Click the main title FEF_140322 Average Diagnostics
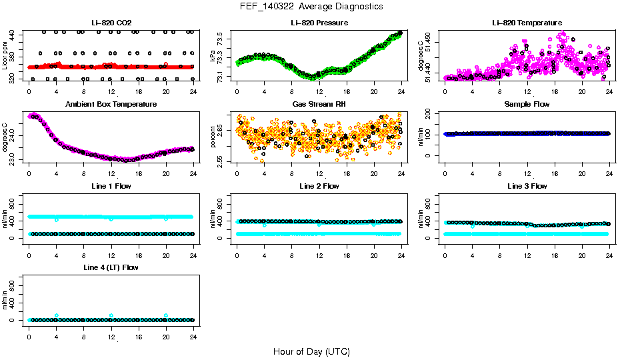(312, 6)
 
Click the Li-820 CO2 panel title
(111, 23)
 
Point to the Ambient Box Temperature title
(111, 104)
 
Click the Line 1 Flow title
(111, 186)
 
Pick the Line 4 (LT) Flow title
(111, 267)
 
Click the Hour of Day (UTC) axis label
(311, 351)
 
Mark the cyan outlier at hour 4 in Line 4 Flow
(57, 315)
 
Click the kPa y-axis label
(213, 58)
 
